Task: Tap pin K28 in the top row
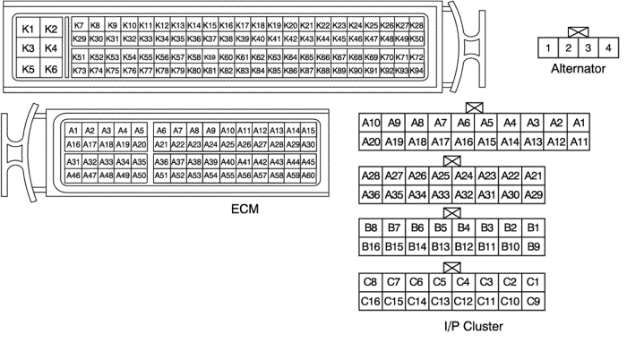417,25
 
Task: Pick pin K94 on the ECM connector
417,70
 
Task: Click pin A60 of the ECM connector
308,176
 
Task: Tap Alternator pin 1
546,47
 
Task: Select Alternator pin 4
608,47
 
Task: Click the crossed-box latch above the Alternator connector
577,31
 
